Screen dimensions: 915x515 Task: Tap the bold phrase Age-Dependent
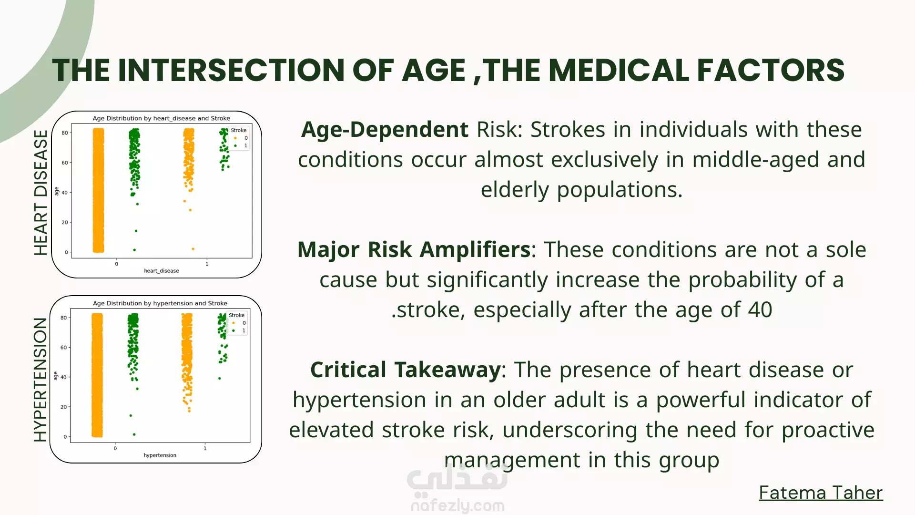385,130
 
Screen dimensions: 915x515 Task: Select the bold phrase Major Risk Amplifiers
414,249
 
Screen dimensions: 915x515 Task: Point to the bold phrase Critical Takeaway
406,370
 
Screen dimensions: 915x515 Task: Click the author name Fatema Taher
821,493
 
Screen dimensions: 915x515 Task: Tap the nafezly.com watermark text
457,505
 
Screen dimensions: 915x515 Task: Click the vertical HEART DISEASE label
41,193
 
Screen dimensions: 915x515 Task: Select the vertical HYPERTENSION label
41,380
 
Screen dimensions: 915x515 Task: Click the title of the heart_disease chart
161,118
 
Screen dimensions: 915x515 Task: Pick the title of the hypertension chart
160,303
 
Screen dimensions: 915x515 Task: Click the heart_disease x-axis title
162,271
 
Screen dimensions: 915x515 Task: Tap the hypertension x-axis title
160,455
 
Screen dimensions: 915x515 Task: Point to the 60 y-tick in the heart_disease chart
65,163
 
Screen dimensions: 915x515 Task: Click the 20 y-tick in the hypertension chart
63,407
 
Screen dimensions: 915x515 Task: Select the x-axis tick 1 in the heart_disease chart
207,264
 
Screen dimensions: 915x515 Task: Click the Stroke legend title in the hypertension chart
236,315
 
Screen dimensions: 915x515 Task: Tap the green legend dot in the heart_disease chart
235,146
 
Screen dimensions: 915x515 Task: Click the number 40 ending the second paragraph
760,310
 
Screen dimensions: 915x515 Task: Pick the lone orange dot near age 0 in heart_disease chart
193,249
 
